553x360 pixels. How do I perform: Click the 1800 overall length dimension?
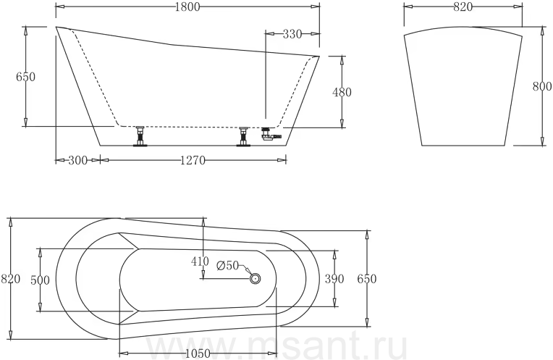(187, 7)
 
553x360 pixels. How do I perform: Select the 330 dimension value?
(292, 34)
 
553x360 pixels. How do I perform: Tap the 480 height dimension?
(342, 92)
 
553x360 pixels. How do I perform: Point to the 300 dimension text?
(77, 160)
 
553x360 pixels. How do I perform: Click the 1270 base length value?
(193, 160)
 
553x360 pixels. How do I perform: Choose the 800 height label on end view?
(541, 86)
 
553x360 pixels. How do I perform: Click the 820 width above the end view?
(463, 7)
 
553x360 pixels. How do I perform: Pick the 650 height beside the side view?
(26, 77)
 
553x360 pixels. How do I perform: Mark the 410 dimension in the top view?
(200, 261)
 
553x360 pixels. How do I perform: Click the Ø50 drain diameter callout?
(228, 265)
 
